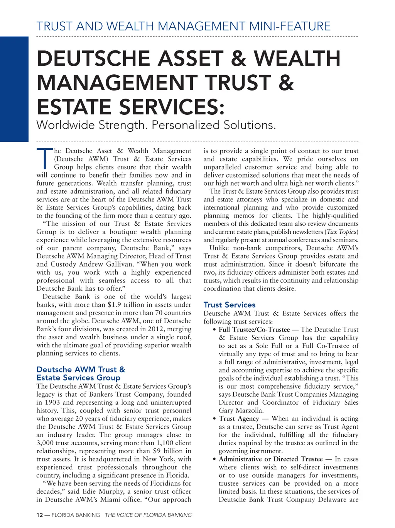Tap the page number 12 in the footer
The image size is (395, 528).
39,515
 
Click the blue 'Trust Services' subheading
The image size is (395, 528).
229,305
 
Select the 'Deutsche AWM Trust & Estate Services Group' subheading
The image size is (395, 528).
81,374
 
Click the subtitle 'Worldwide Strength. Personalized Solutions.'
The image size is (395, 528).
156,125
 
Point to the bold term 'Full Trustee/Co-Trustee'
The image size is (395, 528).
254,330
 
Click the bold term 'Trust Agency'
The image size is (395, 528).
239,419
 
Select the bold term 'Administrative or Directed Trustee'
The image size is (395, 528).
270,459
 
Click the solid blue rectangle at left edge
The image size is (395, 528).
14,89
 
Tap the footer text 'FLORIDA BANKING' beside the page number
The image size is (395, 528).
76,515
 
